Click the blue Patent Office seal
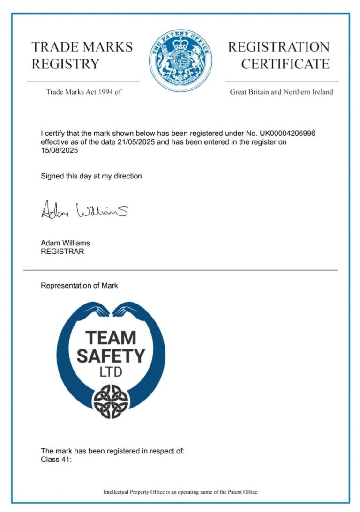point(180,60)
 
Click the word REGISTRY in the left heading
point(66,64)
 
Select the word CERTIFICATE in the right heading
point(285,64)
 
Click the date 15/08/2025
point(60,150)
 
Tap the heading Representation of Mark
point(79,285)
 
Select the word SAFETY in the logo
point(111,356)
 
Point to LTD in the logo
point(111,373)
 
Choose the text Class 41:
point(56,460)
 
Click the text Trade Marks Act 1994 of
point(83,92)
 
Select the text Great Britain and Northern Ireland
point(281,92)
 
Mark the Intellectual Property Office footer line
point(180,492)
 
